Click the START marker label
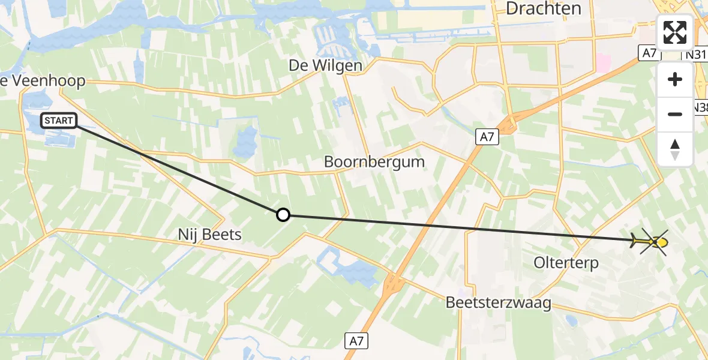(59, 121)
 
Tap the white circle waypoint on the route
(283, 215)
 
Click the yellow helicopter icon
(653, 242)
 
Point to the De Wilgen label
(325, 65)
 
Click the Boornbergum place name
(374, 161)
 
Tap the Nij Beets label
(209, 234)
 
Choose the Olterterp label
(566, 263)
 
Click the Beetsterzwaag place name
(498, 303)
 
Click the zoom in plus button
(675, 80)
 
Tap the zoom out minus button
(675, 114)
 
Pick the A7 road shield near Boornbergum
(487, 137)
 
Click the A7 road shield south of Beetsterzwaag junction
(357, 341)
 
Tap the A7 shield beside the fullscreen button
(649, 53)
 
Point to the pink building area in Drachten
(602, 62)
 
